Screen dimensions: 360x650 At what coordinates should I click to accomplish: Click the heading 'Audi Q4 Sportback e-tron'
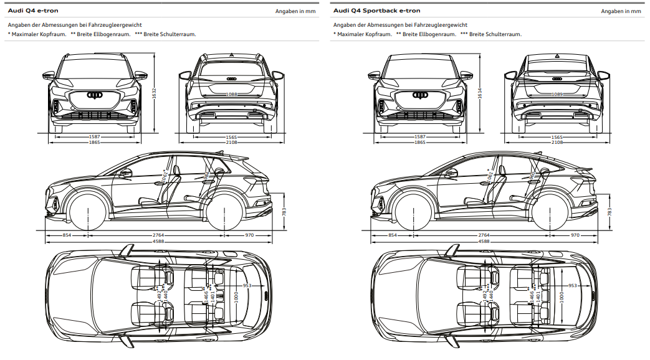[x=376, y=11]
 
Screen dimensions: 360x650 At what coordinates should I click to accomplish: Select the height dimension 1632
[x=154, y=93]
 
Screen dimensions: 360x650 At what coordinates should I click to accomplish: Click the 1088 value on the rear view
[x=232, y=94]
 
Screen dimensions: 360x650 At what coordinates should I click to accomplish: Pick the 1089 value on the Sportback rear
[x=557, y=94]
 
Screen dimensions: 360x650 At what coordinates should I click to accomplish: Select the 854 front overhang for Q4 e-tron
[x=66, y=235]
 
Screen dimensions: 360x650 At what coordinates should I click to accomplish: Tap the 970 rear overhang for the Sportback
[x=575, y=235]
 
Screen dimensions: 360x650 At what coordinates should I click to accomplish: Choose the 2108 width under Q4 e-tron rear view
[x=232, y=142]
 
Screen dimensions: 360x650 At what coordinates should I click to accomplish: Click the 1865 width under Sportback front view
[x=420, y=142]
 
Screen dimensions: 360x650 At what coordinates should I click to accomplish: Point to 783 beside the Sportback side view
[x=609, y=212]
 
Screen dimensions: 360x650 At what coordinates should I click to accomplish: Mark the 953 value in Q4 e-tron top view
[x=247, y=285]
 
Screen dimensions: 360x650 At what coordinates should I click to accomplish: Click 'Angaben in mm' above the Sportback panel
[x=621, y=11]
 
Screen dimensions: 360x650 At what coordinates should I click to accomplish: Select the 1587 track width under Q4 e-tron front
[x=95, y=136]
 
